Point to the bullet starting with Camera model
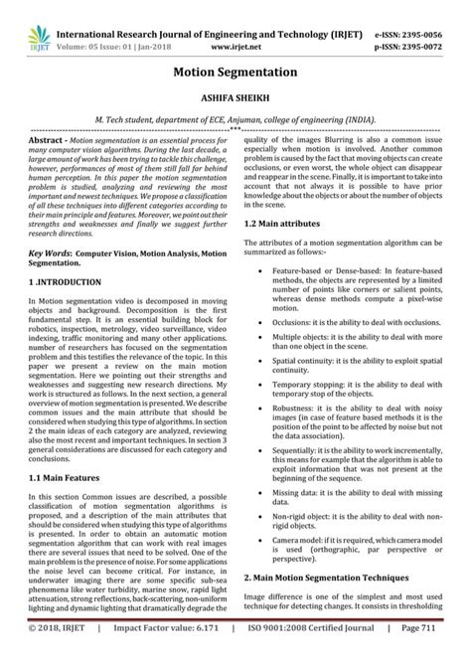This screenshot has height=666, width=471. [353, 566]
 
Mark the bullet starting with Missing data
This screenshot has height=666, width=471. [353, 522]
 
